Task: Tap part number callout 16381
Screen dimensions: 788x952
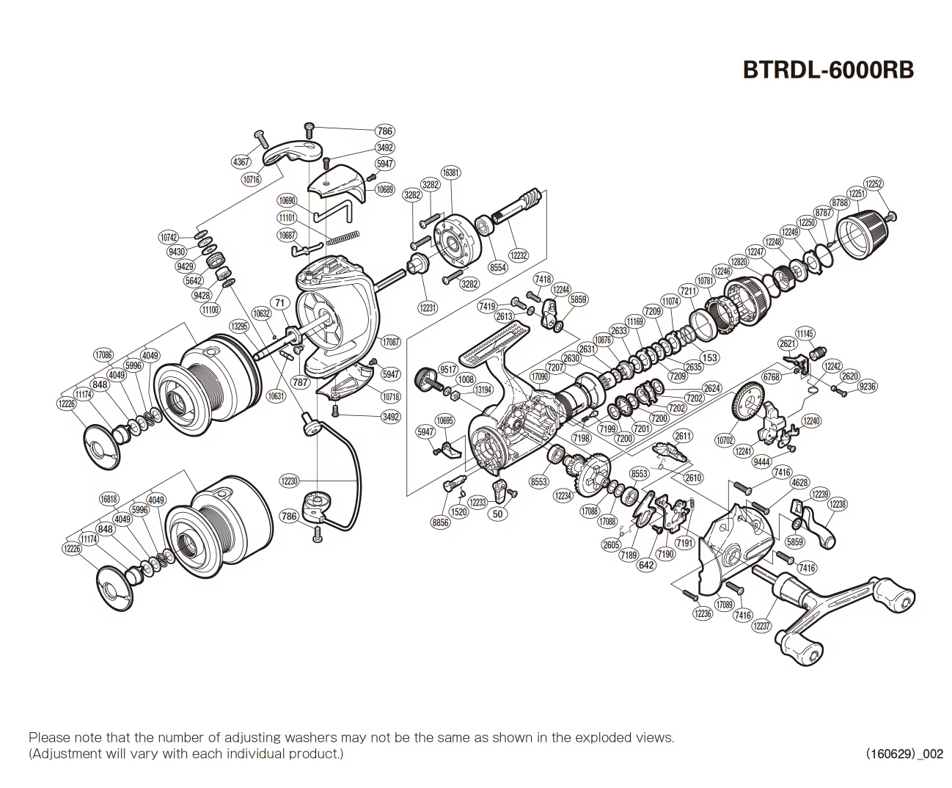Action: pos(452,172)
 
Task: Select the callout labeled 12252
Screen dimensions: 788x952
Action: pos(874,184)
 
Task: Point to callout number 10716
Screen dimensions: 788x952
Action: pos(251,180)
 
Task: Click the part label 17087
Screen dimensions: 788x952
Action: pos(391,342)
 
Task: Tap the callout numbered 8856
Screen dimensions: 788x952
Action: pos(441,523)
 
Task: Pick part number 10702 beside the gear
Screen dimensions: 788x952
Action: pos(725,440)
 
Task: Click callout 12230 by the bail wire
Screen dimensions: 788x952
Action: pos(289,481)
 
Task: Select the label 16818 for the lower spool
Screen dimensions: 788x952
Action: pos(109,499)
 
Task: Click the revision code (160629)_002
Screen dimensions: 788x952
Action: pos(904,754)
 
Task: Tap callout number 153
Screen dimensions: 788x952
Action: pos(710,358)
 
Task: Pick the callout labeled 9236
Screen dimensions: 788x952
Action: pos(867,387)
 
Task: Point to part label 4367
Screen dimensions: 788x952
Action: pos(241,162)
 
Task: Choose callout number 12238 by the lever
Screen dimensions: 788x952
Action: pos(837,504)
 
